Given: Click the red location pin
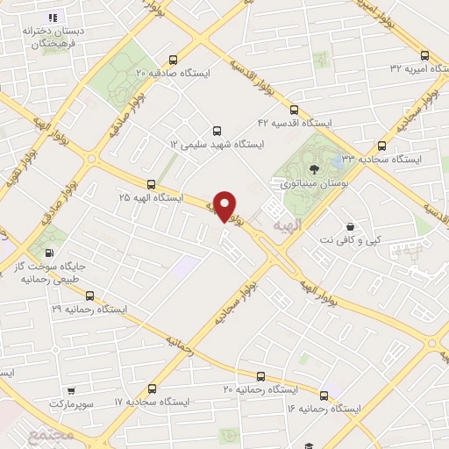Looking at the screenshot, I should (x=225, y=207).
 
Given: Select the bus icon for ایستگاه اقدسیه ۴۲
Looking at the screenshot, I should (x=293, y=110).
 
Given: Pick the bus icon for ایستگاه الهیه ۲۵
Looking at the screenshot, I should (x=152, y=184).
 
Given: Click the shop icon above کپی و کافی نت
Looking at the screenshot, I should (x=349, y=224).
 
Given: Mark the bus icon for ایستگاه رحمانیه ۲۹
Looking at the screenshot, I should (x=89, y=296).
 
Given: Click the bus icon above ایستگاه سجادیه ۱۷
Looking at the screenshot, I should (x=153, y=388).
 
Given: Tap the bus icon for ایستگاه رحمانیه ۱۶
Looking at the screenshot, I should (x=324, y=396).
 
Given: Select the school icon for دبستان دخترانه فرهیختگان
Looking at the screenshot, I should (x=53, y=17).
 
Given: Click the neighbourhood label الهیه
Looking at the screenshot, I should (x=286, y=225).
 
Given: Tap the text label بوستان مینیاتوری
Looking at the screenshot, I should (x=313, y=184).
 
